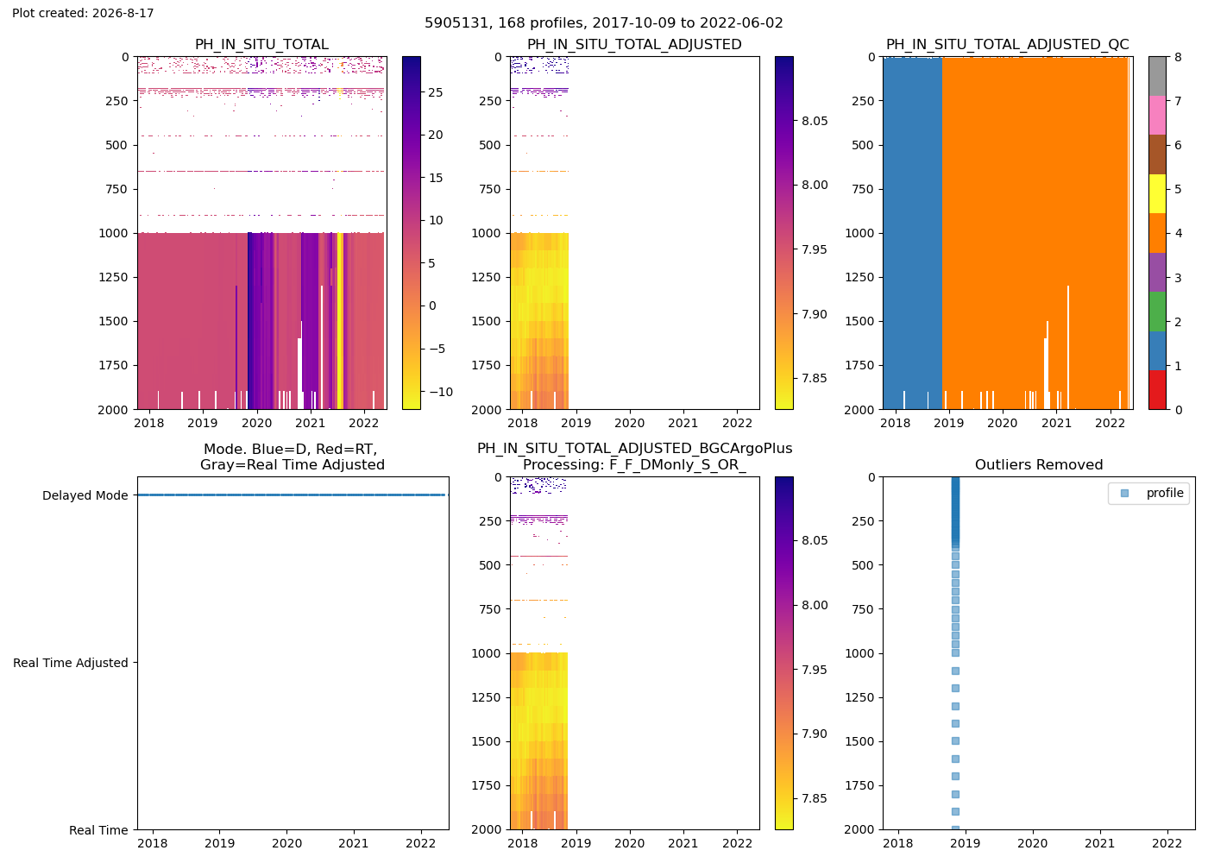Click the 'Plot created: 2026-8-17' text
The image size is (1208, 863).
pyautogui.click(x=83, y=13)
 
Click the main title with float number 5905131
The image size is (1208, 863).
pyautogui.click(x=603, y=23)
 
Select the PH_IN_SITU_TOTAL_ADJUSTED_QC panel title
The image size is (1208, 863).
pyautogui.click(x=1008, y=45)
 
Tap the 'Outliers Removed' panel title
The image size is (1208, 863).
pyautogui.click(x=1039, y=465)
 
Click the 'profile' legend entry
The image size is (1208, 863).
pyautogui.click(x=1165, y=493)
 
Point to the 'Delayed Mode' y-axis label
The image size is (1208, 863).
pyautogui.click(x=85, y=495)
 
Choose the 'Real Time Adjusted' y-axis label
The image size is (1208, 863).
pyautogui.click(x=71, y=663)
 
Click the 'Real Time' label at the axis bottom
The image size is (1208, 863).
pyautogui.click(x=98, y=830)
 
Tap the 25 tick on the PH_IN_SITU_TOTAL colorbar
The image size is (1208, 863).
pyautogui.click(x=435, y=93)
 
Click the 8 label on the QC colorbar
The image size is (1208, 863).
pyautogui.click(x=1178, y=57)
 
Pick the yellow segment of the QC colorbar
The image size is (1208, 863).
pyautogui.click(x=1157, y=193)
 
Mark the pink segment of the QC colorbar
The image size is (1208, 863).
pyautogui.click(x=1157, y=116)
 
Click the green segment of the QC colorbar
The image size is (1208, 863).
pyautogui.click(x=1157, y=312)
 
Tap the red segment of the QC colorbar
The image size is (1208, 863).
pyautogui.click(x=1157, y=390)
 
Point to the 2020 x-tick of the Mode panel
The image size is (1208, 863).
pyautogui.click(x=286, y=844)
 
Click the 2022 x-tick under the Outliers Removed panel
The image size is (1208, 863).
pyautogui.click(x=1167, y=844)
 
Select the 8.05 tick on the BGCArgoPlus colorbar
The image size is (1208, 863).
pyautogui.click(x=815, y=541)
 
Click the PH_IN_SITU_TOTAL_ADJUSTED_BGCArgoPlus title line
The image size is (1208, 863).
pyautogui.click(x=635, y=449)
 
